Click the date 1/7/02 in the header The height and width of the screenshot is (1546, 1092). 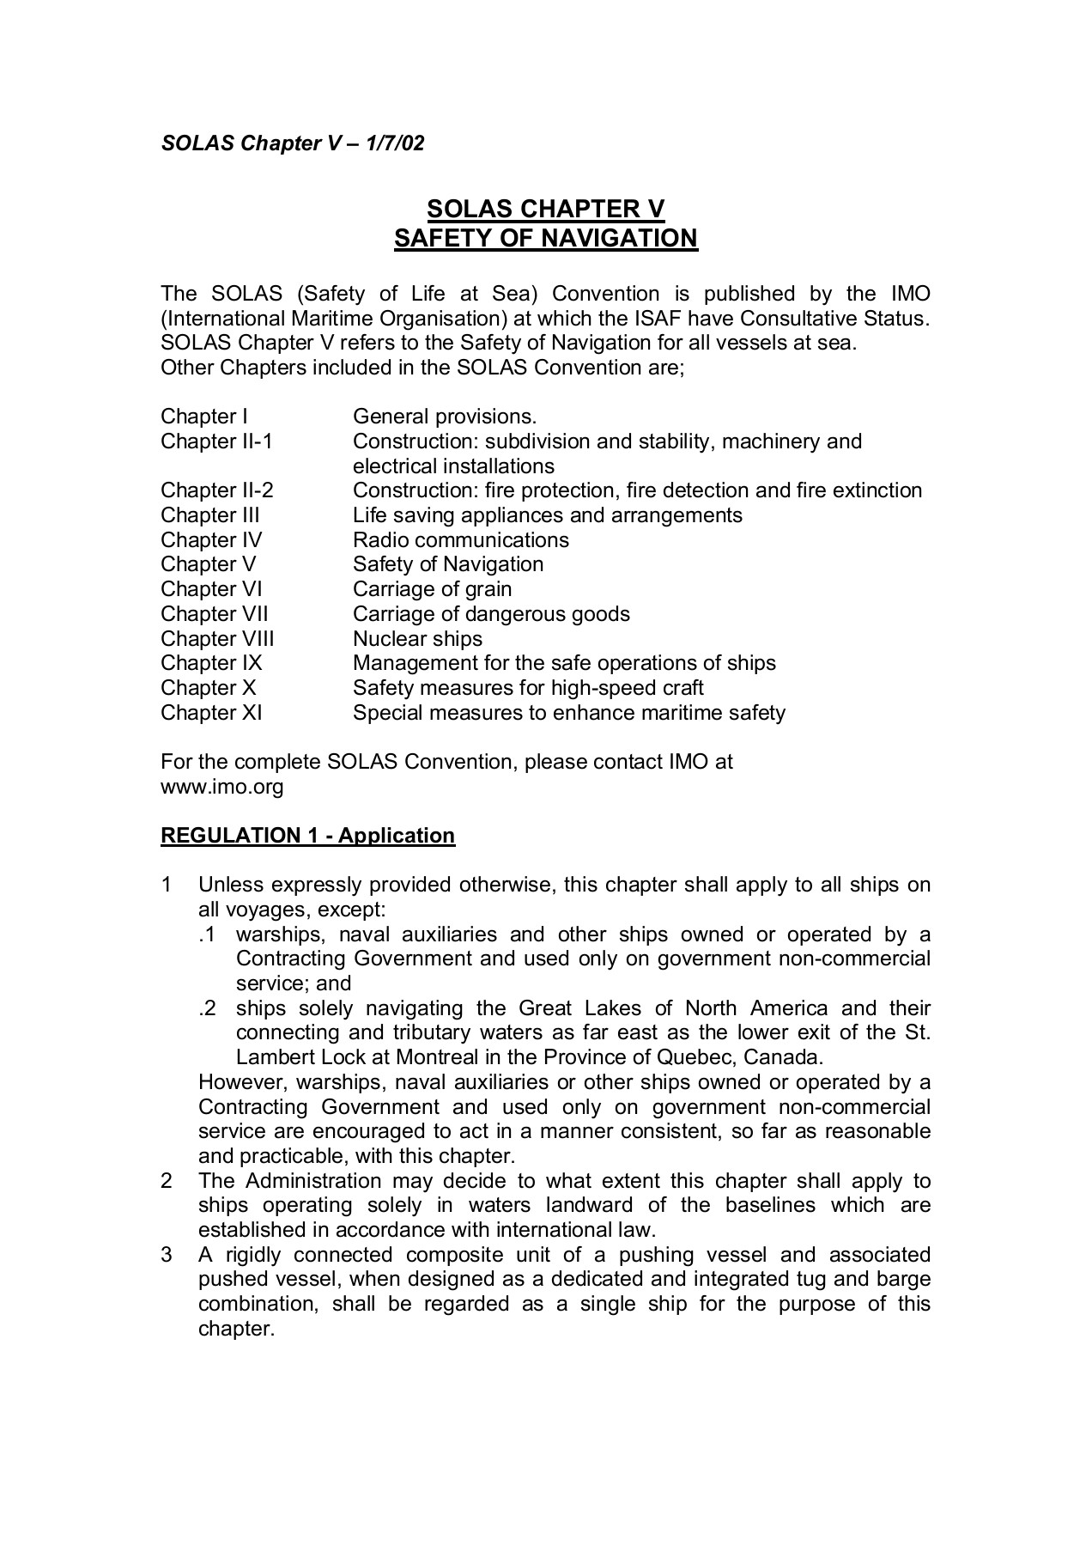pos(394,143)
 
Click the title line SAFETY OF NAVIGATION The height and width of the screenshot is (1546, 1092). pos(546,238)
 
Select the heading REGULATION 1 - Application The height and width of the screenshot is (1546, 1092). pos(307,836)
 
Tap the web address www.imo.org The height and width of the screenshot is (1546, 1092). pos(221,786)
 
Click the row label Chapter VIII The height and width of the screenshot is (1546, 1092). pos(217,639)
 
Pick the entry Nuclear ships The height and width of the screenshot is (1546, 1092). pos(417,639)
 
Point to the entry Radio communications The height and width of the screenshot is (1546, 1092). pos(460,540)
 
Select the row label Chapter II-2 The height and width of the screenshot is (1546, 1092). pos(216,490)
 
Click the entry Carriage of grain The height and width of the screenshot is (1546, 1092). pos(432,589)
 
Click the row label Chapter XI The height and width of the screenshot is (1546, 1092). pos(211,713)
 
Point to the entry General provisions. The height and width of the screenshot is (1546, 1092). pos(444,417)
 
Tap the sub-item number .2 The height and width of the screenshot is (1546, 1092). pos(207,1008)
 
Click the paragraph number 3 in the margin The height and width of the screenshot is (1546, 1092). pos(167,1255)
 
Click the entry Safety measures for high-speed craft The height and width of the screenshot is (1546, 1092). pos(528,688)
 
